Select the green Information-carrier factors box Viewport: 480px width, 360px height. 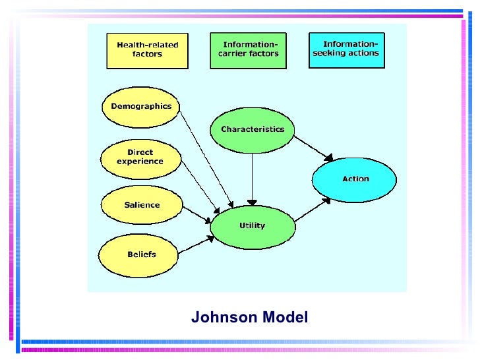pos(248,49)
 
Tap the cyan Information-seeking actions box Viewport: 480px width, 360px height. pos(347,49)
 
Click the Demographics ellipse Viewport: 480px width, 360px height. pos(141,106)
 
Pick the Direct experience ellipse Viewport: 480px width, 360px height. pos(140,157)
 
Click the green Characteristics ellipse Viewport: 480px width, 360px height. pos(252,129)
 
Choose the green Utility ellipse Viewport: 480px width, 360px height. pos(252,225)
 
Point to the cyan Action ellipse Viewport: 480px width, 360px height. pos(355,179)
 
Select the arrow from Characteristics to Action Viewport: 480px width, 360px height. pos(313,146)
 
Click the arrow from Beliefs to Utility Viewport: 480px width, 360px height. pos(195,244)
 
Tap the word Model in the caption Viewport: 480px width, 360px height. pos(285,318)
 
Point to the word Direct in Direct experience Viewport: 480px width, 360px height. pos(140,152)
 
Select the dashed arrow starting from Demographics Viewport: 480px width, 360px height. pos(206,158)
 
